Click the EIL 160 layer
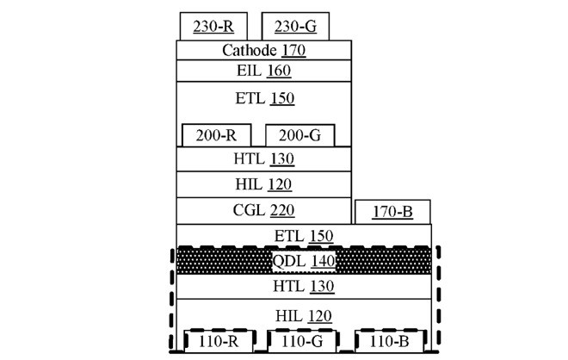click(x=264, y=71)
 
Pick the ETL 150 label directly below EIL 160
click(x=264, y=98)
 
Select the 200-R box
click(x=216, y=135)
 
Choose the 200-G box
click(x=299, y=135)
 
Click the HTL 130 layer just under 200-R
click(x=264, y=159)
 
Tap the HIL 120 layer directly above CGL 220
click(x=264, y=184)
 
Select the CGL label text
click(x=250, y=210)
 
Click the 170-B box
click(x=392, y=211)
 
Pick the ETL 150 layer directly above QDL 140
click(x=304, y=235)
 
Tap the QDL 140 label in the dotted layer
click(x=304, y=260)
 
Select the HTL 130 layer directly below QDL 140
click(x=304, y=286)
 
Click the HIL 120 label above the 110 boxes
click(x=304, y=316)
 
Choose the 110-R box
click(x=219, y=341)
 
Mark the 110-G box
click(x=302, y=341)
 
